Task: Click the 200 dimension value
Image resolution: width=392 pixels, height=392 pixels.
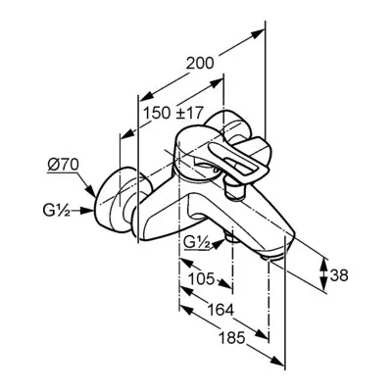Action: [x=200, y=63]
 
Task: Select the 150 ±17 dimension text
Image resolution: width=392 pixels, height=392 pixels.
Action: [x=173, y=113]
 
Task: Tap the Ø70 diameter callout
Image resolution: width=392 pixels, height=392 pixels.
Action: [x=63, y=165]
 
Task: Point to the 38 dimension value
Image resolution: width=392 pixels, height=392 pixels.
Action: [x=339, y=275]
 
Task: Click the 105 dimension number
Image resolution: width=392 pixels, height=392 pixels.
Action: [x=202, y=278]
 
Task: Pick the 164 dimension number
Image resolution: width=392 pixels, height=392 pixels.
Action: [x=220, y=310]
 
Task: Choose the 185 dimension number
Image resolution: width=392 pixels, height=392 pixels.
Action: [x=231, y=338]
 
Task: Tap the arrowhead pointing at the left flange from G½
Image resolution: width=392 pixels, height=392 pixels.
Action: [x=87, y=211]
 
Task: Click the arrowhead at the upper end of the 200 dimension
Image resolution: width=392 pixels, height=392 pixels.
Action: [x=257, y=33]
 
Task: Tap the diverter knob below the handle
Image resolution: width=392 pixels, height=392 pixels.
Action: [x=234, y=189]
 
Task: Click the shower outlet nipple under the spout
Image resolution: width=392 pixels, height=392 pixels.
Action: [x=232, y=238]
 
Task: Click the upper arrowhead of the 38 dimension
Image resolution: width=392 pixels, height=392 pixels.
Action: [x=323, y=264]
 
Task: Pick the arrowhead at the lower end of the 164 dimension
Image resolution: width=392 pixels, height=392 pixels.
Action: [x=262, y=334]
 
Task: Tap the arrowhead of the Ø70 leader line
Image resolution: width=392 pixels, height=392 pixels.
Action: [x=92, y=192]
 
